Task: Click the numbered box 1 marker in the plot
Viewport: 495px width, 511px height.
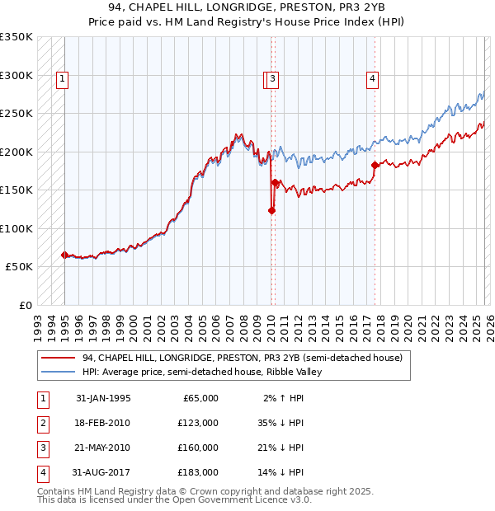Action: pyautogui.click(x=63, y=79)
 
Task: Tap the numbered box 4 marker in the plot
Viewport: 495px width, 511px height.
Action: pyautogui.click(x=373, y=79)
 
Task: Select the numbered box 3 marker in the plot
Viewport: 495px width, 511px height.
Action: pyautogui.click(x=272, y=79)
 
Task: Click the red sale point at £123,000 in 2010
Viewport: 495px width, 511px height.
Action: pyautogui.click(x=271, y=210)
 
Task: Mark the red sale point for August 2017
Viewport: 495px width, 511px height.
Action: pyautogui.click(x=375, y=165)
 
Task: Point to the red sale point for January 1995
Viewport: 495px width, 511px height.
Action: pyautogui.click(x=64, y=255)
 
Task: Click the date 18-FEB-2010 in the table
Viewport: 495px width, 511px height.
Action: pyautogui.click(x=103, y=422)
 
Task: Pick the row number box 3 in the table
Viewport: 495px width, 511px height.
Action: pyautogui.click(x=42, y=448)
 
